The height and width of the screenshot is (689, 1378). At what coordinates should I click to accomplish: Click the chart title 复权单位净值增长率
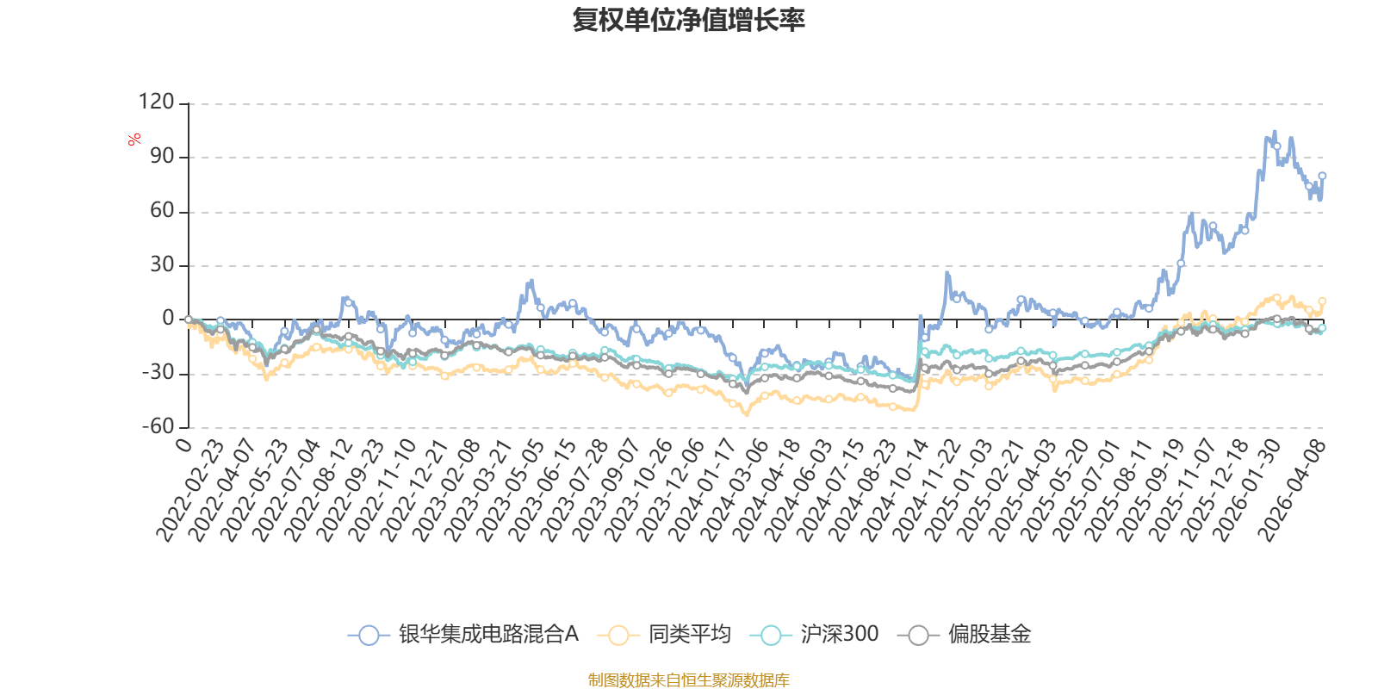pos(689,20)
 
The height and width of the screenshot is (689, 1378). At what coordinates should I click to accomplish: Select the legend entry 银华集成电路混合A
pos(487,635)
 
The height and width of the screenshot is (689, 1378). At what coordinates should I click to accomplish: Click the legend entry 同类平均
pos(690,635)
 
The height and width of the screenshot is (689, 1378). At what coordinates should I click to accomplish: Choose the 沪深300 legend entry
pos(839,635)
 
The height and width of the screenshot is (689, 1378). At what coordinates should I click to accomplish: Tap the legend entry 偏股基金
pos(990,635)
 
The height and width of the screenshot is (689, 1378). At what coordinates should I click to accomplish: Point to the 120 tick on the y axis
pos(156,102)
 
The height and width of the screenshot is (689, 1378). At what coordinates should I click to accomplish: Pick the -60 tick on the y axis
pos(156,427)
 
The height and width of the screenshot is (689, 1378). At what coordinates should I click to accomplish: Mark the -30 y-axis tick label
pos(156,373)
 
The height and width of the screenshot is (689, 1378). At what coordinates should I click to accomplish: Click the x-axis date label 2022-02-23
pos(191,491)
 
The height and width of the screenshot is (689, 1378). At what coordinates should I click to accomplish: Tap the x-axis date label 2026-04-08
pos(1293,491)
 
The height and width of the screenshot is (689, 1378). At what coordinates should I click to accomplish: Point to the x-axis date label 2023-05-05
pos(512,491)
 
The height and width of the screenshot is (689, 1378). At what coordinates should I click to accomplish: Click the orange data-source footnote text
pos(689,680)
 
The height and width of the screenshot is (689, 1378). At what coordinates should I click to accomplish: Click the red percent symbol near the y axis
pos(134,140)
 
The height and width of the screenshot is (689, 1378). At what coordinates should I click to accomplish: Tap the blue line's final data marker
pos(1322,177)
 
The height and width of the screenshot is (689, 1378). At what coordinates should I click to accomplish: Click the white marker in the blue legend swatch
pos(369,636)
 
